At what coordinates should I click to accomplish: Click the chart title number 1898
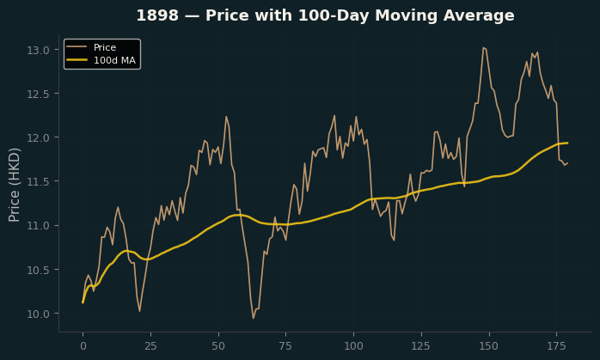tap(157, 15)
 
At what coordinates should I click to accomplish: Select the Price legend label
tap(105, 47)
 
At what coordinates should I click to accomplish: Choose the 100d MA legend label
tap(114, 60)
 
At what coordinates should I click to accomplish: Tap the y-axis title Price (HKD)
tap(14, 185)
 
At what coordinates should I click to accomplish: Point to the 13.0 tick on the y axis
tap(38, 50)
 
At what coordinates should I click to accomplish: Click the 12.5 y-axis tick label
tap(38, 94)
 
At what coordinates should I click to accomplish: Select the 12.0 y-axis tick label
tap(38, 137)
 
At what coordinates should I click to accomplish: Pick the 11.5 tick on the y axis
tap(38, 181)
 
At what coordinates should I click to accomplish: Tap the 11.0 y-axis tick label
tap(38, 226)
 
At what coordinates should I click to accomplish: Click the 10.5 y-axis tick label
tap(38, 270)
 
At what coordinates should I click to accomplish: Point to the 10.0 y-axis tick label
tap(38, 314)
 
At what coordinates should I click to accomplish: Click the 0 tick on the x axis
tap(83, 346)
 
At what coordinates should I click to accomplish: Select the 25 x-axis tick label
tap(150, 346)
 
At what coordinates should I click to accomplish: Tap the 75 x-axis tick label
tap(285, 346)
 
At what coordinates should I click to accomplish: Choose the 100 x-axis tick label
tap(353, 346)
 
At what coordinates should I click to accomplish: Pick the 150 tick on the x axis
tap(488, 346)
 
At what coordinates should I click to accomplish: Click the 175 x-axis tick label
tap(556, 346)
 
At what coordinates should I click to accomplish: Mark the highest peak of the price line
tap(483, 48)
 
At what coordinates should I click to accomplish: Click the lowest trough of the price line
tap(254, 318)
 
